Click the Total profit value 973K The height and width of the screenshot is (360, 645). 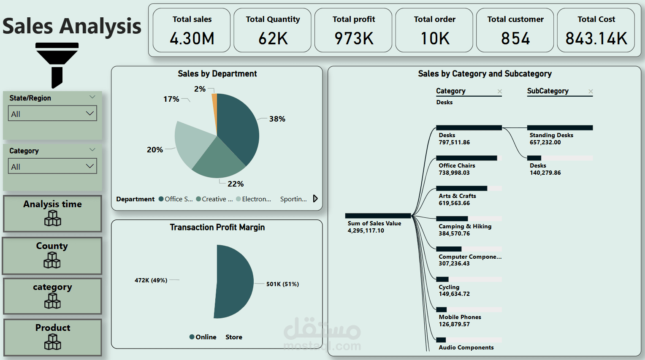coord(354,38)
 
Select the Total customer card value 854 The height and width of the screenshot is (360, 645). coord(515,38)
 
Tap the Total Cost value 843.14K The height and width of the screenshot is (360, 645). coord(596,38)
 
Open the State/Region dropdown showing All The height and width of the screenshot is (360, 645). coord(52,114)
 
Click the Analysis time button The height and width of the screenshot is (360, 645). coord(52,213)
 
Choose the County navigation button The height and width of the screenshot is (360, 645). coord(52,255)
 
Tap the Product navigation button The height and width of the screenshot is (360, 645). coord(52,337)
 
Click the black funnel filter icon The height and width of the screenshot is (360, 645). coord(57,63)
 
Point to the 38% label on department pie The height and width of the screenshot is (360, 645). coord(277,119)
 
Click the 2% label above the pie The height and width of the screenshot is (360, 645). coord(200,89)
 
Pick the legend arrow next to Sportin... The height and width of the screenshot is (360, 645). coord(315,199)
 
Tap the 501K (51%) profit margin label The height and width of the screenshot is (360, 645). coord(282,284)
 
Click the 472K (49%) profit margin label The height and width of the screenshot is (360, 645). coord(151,280)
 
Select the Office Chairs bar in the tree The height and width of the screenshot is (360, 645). coord(466,158)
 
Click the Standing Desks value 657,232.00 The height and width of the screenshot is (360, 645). coord(545,143)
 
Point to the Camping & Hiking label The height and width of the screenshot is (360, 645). coord(465,226)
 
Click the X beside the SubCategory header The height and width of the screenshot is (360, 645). coord(591,91)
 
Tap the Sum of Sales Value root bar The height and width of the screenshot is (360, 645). coord(378,216)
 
